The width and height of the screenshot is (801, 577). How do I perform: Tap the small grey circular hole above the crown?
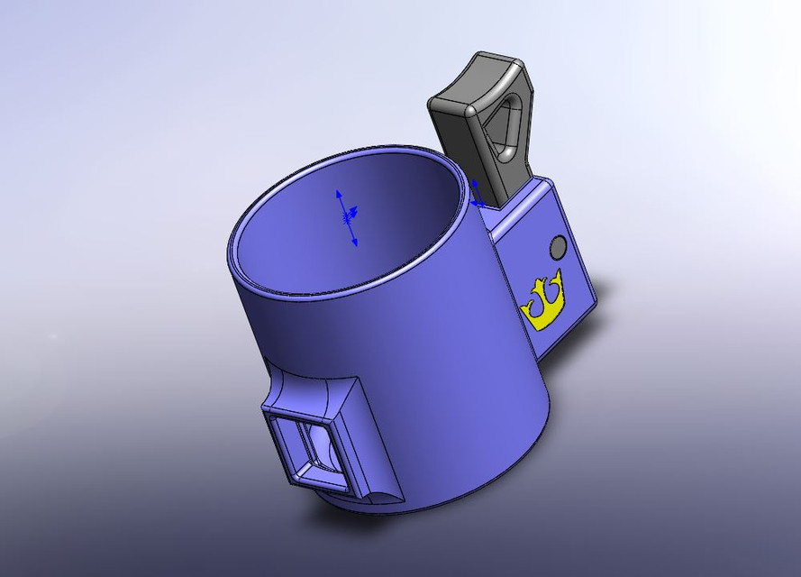tap(558, 246)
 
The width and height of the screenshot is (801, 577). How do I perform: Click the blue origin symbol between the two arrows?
tap(347, 215)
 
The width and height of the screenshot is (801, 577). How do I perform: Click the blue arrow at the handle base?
tap(475, 202)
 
